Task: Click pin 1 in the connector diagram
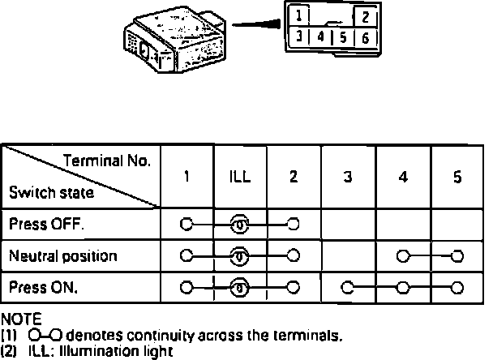(300, 16)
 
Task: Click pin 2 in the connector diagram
(366, 17)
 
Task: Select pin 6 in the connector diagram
(366, 37)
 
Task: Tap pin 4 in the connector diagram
(321, 37)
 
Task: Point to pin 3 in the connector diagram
(300, 37)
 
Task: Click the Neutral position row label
(63, 256)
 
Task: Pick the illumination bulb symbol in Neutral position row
(240, 256)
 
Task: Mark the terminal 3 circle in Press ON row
(348, 287)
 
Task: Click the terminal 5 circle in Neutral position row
(457, 256)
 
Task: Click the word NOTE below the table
(22, 319)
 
